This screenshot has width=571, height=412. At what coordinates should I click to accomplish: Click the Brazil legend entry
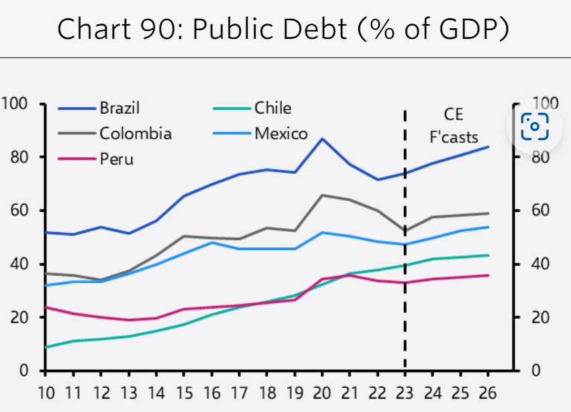[x=119, y=107]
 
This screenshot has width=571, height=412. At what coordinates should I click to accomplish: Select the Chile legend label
[x=272, y=107]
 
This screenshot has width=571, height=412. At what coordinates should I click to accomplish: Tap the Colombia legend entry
[x=136, y=133]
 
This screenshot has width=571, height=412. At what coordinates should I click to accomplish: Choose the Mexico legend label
[x=280, y=133]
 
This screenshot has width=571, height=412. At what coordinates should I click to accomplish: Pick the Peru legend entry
[x=116, y=159]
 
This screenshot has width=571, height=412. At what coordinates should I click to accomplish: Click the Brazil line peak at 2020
[x=323, y=139]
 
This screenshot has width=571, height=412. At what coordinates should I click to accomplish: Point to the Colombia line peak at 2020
[x=323, y=195]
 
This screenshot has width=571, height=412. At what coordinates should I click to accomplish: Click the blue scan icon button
[x=535, y=126]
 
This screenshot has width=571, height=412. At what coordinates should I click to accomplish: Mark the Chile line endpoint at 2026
[x=487, y=255]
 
